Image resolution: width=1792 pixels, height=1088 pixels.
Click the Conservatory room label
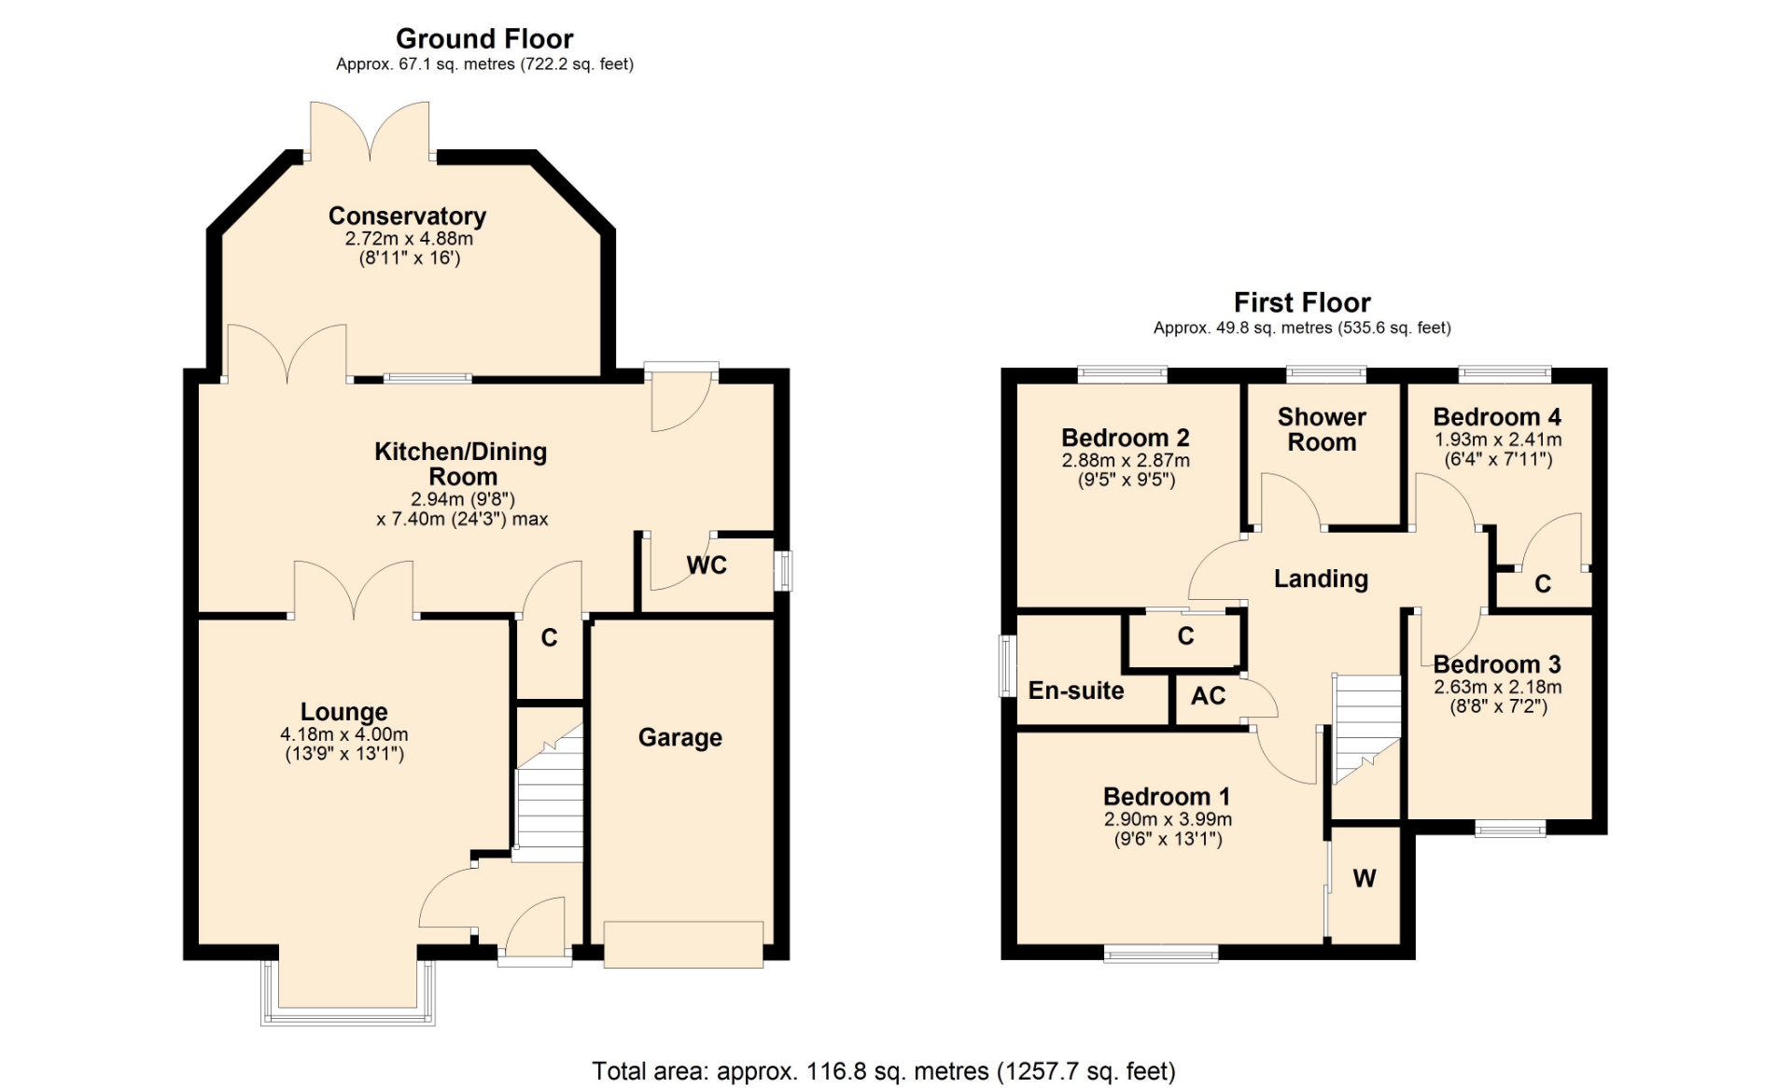407,216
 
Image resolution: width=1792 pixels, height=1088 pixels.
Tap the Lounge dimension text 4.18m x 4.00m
344,734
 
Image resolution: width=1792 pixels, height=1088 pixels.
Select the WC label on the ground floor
707,565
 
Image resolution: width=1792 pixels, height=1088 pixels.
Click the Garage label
680,737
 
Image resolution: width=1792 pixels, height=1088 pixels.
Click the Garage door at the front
683,944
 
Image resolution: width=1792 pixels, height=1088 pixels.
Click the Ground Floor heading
484,39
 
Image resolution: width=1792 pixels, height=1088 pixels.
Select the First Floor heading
1302,302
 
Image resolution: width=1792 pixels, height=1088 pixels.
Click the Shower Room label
1322,429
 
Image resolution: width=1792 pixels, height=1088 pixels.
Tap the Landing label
1321,579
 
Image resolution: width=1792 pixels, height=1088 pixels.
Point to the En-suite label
1076,690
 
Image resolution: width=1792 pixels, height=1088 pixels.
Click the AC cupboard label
1209,696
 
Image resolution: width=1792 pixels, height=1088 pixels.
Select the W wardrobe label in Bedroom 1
1365,878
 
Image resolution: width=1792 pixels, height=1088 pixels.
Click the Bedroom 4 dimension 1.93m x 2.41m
1498,439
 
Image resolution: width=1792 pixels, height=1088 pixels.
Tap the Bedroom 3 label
1497,664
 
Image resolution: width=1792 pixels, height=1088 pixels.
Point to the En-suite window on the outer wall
1007,666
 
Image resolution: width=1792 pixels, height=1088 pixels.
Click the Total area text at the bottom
884,1071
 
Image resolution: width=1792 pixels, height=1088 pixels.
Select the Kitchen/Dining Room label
461,464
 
